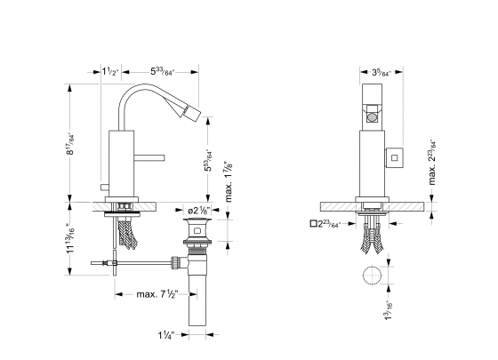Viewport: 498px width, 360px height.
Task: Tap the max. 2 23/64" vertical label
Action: click(x=433, y=165)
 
